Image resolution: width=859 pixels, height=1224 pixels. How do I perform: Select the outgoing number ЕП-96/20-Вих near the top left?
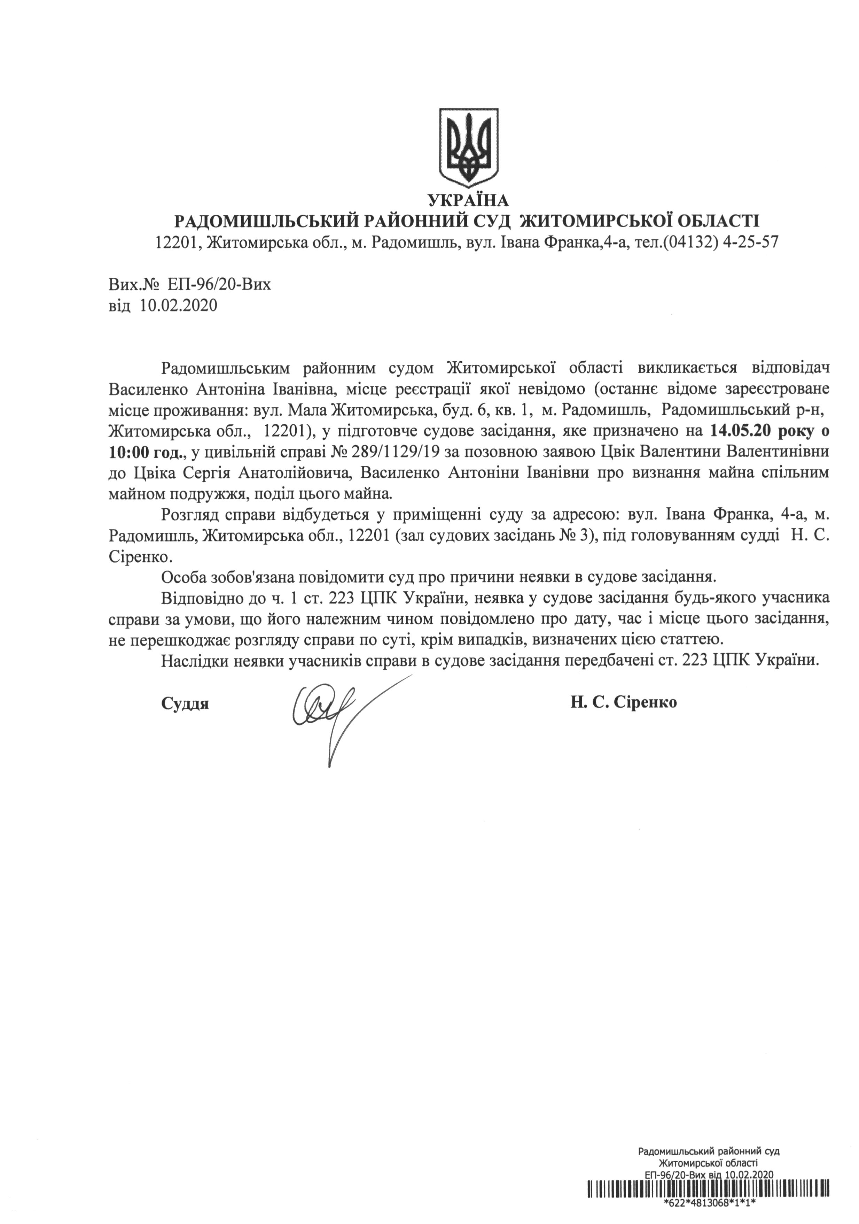[218, 285]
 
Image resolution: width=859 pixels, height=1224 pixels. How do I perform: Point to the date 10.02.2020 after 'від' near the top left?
[179, 306]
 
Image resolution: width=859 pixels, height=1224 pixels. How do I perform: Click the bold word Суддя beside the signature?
[185, 703]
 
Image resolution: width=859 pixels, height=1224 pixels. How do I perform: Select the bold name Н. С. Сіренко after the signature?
[624, 702]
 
